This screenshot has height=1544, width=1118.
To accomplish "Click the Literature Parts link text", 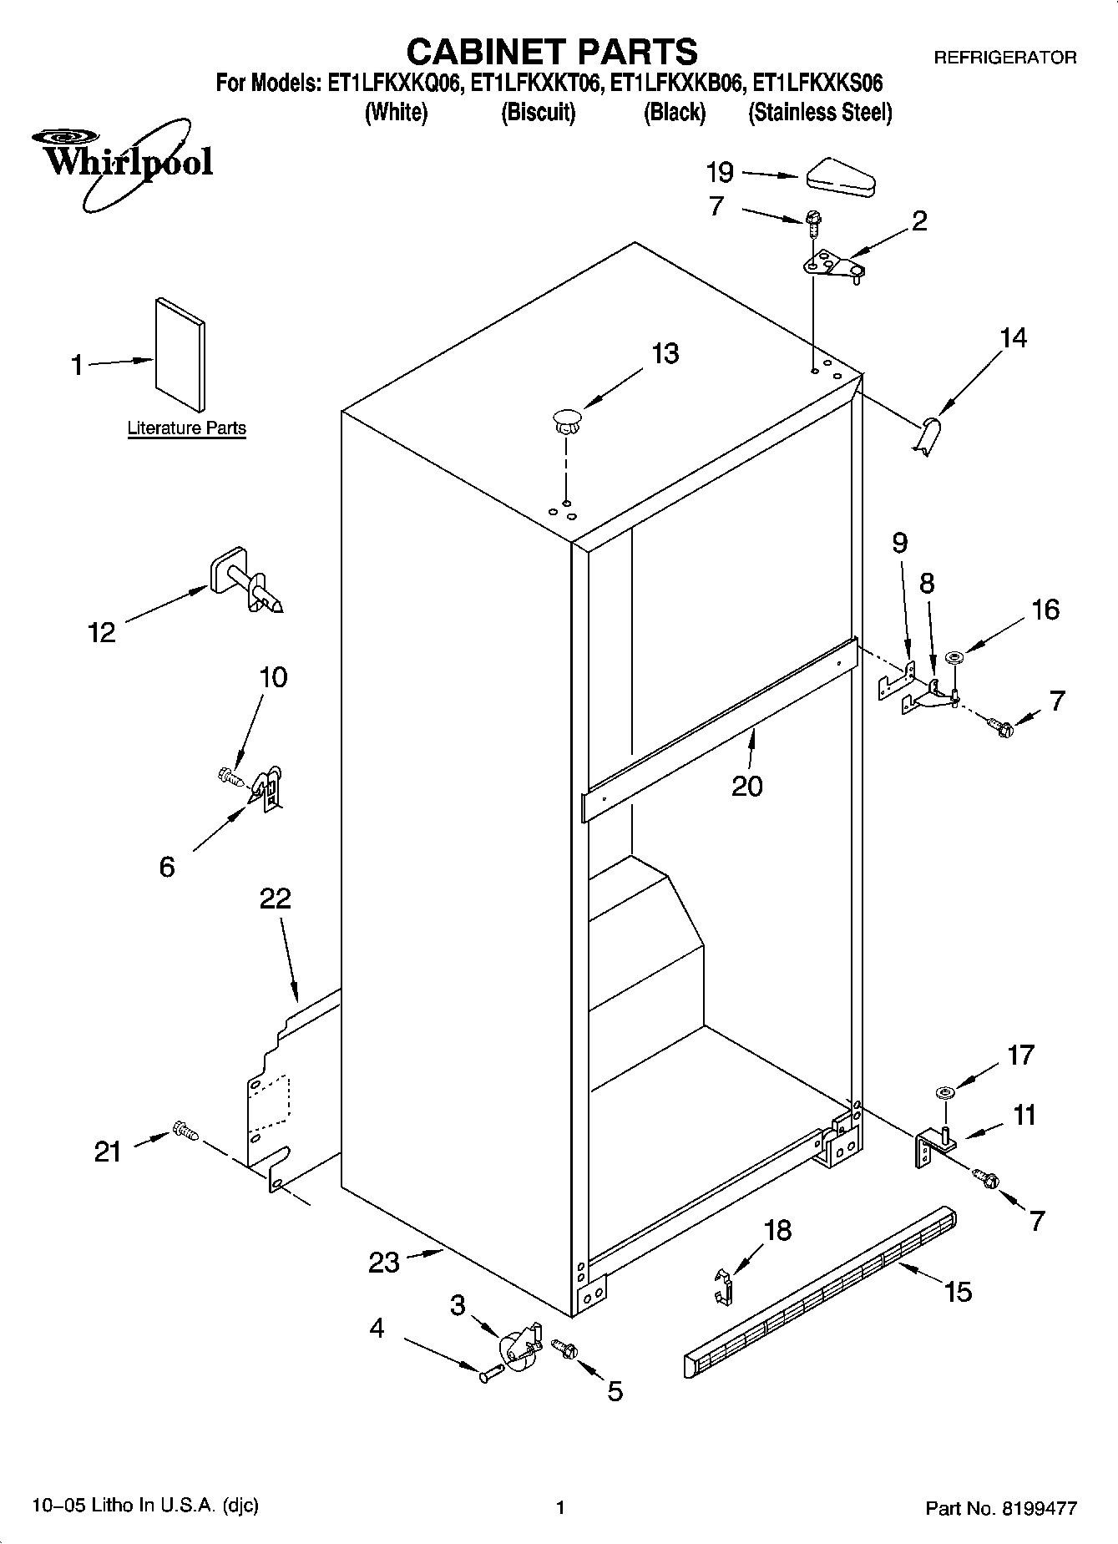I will [186, 428].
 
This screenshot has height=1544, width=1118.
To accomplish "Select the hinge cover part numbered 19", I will [840, 178].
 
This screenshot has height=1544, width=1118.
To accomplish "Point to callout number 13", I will [665, 354].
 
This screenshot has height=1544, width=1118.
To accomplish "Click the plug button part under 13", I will [566, 419].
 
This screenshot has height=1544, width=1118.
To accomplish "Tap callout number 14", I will [1013, 338].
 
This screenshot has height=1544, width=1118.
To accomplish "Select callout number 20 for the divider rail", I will [746, 786].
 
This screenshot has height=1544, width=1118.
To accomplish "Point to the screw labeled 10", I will [230, 777].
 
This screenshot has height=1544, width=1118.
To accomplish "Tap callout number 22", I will [275, 899].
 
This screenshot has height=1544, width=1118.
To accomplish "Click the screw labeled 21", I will [185, 1131].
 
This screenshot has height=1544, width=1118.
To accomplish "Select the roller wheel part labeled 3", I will [519, 1346].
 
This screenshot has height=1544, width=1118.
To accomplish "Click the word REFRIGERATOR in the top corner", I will [1004, 58].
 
